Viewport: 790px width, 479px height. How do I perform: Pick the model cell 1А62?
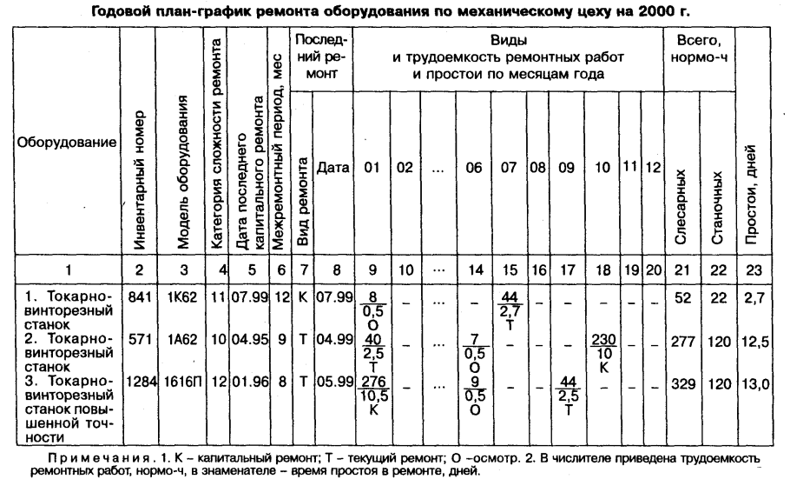tap(181, 340)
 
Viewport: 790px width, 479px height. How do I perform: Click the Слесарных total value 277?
tap(682, 340)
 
